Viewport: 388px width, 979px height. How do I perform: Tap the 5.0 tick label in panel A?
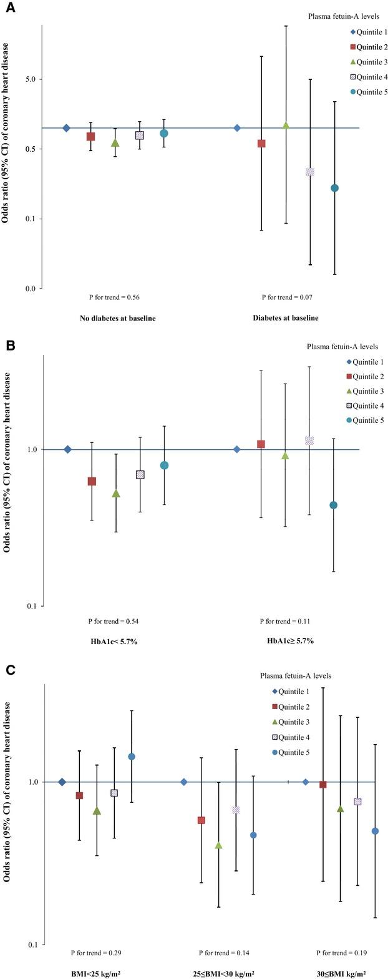click(x=29, y=79)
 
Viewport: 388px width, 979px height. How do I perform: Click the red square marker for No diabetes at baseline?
click(x=90, y=136)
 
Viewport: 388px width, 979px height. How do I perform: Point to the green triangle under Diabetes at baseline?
click(x=286, y=126)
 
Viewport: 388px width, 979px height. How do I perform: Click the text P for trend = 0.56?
click(x=110, y=298)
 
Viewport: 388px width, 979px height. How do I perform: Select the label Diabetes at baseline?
click(x=285, y=317)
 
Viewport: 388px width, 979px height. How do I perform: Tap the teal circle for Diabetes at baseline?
click(x=334, y=188)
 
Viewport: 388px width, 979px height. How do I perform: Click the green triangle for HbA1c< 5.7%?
click(x=116, y=494)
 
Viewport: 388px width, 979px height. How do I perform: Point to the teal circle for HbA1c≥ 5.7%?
click(x=334, y=505)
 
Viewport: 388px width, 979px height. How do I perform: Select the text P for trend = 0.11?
click(x=285, y=622)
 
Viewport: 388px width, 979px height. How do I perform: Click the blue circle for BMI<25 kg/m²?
click(x=132, y=757)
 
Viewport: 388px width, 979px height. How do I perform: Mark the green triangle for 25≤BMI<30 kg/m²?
click(x=218, y=845)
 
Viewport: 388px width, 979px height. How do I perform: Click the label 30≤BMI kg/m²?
click(x=341, y=973)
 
